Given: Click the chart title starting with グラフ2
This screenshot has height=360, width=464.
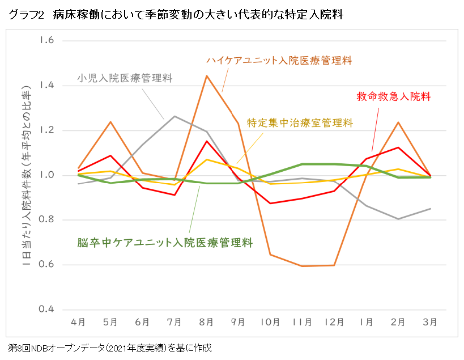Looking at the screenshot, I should (176, 15).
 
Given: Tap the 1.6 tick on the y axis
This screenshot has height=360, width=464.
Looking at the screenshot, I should (46, 41).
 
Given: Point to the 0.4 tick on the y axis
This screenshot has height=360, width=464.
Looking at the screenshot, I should (46, 310).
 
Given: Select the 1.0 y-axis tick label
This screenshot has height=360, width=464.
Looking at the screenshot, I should (46, 175).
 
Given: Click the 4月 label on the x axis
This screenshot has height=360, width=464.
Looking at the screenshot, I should (78, 322).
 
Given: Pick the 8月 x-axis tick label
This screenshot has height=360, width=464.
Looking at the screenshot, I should (206, 322).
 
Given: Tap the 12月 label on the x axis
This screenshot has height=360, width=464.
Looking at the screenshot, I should (334, 322).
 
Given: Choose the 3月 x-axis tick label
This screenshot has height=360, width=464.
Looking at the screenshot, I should (431, 322).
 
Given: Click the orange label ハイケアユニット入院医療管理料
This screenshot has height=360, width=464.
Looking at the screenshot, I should (279, 60).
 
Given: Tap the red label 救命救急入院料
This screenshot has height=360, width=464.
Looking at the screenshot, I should (394, 96).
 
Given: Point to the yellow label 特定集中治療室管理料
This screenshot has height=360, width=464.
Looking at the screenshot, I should (300, 122).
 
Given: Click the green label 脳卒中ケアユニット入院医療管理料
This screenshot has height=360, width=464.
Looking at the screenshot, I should (165, 243).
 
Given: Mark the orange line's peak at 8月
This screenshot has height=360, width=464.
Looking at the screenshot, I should (207, 75).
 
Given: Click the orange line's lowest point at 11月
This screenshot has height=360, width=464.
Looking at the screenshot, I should (303, 266).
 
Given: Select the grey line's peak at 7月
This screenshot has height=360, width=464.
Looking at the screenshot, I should (174, 116).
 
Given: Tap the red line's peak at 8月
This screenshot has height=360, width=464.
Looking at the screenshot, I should (207, 141).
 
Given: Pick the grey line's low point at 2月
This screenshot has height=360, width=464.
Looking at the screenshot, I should (399, 219).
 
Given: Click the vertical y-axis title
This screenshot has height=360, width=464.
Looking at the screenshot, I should (26, 175).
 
